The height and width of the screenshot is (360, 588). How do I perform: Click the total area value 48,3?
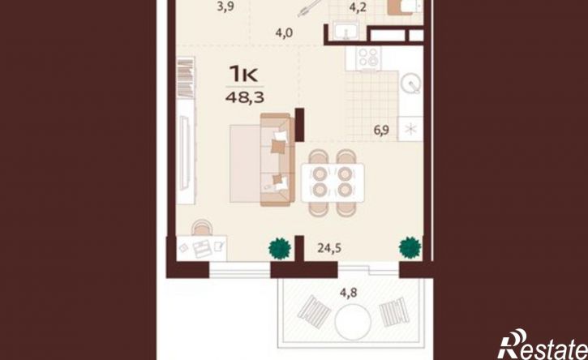click(245, 98)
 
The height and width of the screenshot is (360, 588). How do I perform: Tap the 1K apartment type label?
click(244, 74)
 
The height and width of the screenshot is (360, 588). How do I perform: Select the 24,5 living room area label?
click(329, 248)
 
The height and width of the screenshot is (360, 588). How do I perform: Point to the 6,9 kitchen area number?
click(381, 131)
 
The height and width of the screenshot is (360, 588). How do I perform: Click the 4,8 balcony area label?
click(348, 293)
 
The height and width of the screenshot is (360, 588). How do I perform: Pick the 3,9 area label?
click(225, 6)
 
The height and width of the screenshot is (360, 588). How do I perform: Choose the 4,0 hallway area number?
click(284, 33)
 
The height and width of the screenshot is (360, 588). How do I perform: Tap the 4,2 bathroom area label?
click(358, 7)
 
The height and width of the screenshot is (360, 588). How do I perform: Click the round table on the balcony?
click(353, 322)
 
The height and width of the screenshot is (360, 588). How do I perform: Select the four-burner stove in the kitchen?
click(368, 58)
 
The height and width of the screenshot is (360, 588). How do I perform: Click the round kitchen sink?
click(411, 84)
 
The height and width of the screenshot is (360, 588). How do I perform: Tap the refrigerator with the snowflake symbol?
click(410, 129)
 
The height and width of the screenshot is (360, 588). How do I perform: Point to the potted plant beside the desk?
click(280, 248)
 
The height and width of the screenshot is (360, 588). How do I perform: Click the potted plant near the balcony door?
click(410, 247)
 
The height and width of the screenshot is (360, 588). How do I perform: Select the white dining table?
click(333, 182)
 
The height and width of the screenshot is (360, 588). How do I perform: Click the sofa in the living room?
click(277, 160)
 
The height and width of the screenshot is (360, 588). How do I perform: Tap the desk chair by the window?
click(203, 227)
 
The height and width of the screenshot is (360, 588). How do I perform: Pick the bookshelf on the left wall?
click(185, 78)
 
